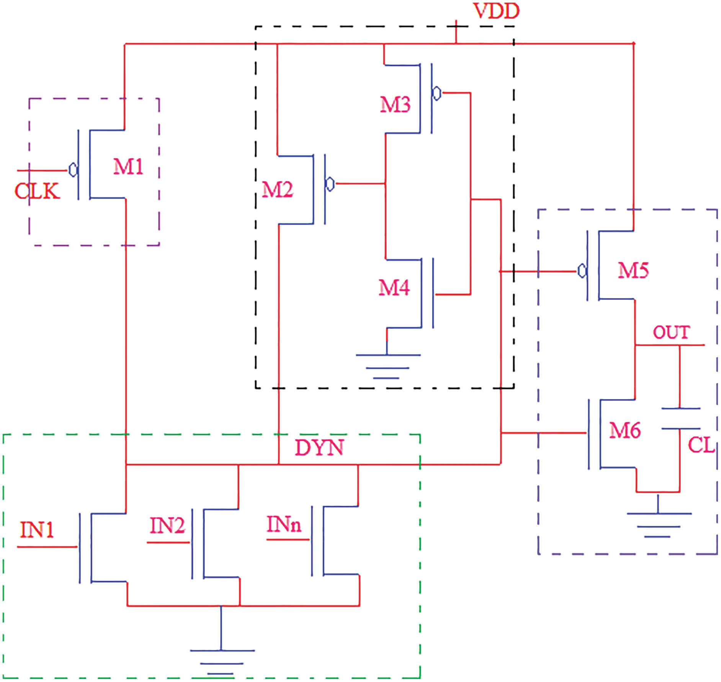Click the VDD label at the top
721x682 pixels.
pyautogui.click(x=496, y=11)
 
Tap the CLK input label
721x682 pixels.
pyautogui.click(x=37, y=191)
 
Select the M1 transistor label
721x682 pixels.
pyautogui.click(x=128, y=167)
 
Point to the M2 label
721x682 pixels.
pyautogui.click(x=277, y=189)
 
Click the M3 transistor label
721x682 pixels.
pyautogui.click(x=395, y=104)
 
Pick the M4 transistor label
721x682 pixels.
pyautogui.click(x=394, y=287)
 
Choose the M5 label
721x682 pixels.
pyautogui.click(x=633, y=270)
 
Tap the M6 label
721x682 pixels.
pyautogui.click(x=625, y=430)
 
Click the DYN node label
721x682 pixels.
pyautogui.click(x=319, y=447)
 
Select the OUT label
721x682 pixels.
pyautogui.click(x=671, y=332)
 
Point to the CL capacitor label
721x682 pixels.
pyautogui.click(x=701, y=445)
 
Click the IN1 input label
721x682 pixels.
pyautogui.click(x=37, y=530)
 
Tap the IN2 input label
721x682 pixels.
pyautogui.click(x=167, y=525)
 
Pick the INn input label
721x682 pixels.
pyautogui.click(x=284, y=524)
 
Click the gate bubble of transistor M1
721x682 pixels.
pyautogui.click(x=73, y=170)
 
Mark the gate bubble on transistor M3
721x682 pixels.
pyautogui.click(x=437, y=93)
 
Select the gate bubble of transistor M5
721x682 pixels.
pyautogui.click(x=582, y=271)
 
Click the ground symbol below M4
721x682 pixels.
pyautogui.click(x=387, y=366)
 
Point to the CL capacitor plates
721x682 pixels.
pyautogui.click(x=680, y=418)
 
